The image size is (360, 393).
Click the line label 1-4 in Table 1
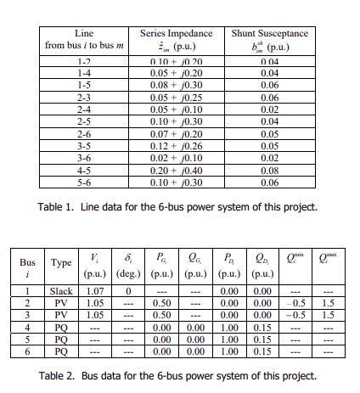(84, 74)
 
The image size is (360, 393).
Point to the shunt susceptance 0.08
(270, 170)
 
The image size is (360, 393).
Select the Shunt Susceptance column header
(270, 32)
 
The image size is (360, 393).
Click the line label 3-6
(84, 158)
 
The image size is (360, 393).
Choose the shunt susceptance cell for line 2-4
(270, 109)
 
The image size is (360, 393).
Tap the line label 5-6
(84, 182)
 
